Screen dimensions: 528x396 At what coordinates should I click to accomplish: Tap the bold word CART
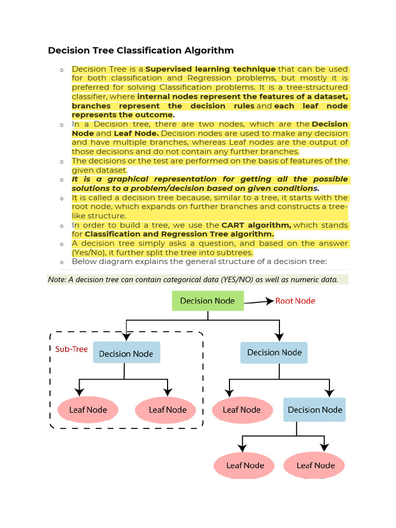click(233, 225)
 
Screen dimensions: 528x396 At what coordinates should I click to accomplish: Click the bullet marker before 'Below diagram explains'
click(61, 262)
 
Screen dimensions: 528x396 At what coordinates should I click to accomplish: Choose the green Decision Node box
click(207, 301)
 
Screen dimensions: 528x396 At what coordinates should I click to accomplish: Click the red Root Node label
click(295, 301)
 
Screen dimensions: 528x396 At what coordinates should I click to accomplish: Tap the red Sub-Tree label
click(72, 349)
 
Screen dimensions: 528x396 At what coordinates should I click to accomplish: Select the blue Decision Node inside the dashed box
click(126, 353)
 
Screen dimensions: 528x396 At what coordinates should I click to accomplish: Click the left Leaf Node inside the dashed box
click(88, 410)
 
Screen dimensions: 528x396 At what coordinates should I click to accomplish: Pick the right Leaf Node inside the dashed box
click(168, 410)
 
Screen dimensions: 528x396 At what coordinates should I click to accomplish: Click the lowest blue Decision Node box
click(315, 410)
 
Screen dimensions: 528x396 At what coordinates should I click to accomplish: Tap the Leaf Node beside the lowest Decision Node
click(241, 410)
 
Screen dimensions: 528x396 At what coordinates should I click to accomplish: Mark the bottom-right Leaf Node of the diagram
click(316, 465)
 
